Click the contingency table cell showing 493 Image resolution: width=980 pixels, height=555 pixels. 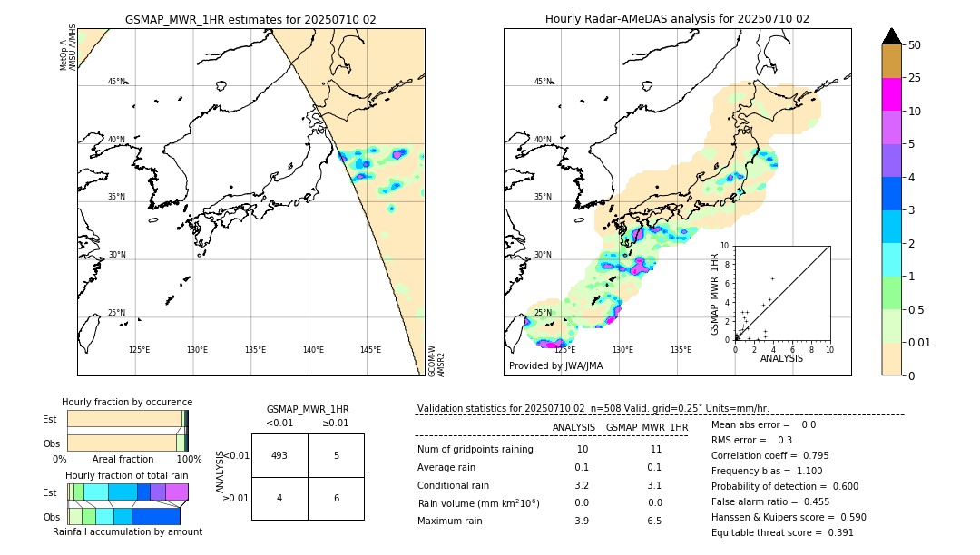(x=279, y=455)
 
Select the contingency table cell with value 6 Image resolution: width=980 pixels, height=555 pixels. (x=336, y=498)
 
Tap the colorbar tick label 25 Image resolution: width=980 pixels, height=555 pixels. (x=916, y=78)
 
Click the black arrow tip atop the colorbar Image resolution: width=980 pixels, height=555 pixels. (x=892, y=34)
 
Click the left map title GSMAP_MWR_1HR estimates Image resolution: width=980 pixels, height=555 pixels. (x=250, y=19)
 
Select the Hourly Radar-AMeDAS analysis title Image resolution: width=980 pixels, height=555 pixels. (x=677, y=19)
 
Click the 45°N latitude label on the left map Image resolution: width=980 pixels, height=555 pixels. (x=116, y=82)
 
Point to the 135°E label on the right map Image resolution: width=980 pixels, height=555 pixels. (x=681, y=350)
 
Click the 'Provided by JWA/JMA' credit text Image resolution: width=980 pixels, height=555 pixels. (x=555, y=365)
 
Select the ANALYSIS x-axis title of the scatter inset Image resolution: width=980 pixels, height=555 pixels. (x=781, y=358)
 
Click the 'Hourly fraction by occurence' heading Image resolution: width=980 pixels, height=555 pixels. (x=127, y=402)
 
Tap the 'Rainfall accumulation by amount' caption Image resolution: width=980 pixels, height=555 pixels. (x=127, y=532)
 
